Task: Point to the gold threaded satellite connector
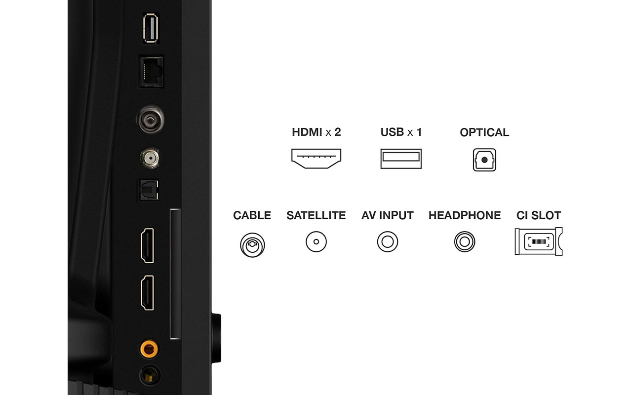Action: point(150,158)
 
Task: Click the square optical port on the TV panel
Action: point(148,190)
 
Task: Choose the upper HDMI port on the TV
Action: point(147,245)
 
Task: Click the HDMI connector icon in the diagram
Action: point(316,158)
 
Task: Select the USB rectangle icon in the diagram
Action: point(401,158)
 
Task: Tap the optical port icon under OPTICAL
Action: point(484,159)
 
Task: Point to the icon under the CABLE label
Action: point(252,244)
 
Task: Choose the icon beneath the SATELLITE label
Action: point(316,242)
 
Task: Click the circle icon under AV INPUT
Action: point(388,242)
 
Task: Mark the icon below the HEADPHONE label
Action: point(465,242)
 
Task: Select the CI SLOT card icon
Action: point(538,241)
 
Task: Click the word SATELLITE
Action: point(316,215)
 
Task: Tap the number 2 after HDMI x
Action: point(338,132)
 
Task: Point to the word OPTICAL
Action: point(484,132)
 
